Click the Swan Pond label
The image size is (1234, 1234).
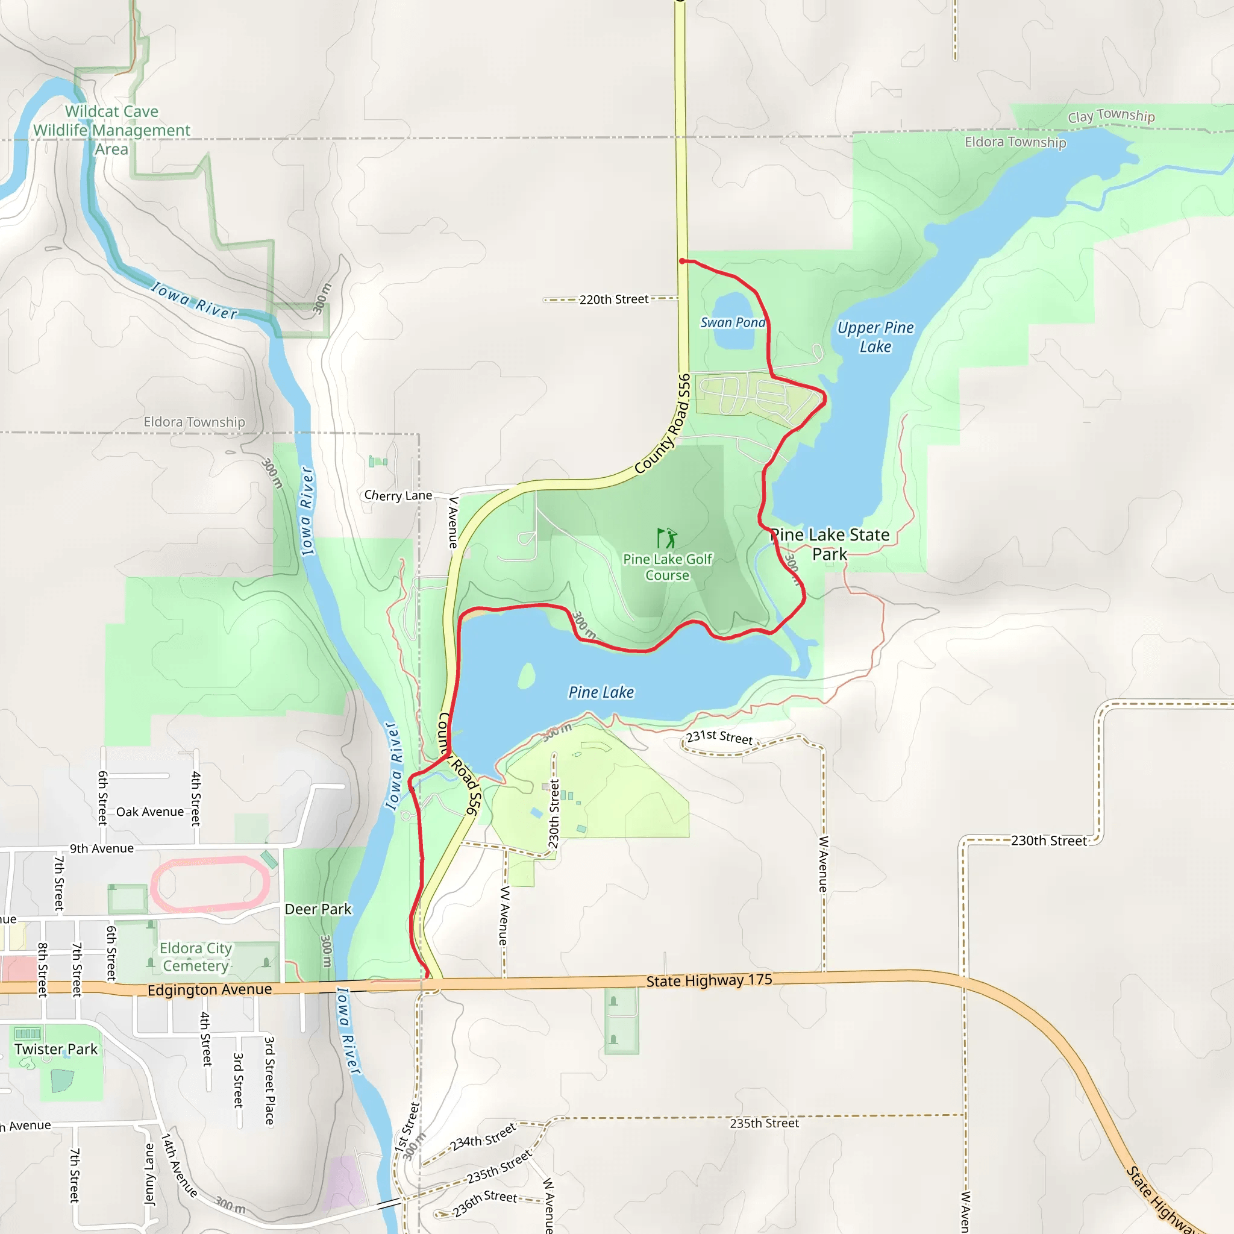[x=733, y=322]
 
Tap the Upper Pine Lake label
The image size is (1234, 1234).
[x=875, y=337]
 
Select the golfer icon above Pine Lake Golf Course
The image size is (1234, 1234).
[x=667, y=538]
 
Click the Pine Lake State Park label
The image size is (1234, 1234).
[x=830, y=544]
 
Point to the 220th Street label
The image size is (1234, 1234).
[x=613, y=299]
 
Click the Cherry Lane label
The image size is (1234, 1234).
[x=398, y=495]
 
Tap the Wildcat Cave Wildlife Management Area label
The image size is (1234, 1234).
[x=112, y=130]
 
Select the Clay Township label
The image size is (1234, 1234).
[x=1110, y=116]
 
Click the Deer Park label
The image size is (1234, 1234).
[x=318, y=909]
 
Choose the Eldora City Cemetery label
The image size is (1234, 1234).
[x=195, y=957]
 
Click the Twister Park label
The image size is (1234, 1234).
[x=56, y=1049]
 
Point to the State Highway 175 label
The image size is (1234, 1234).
[x=709, y=980]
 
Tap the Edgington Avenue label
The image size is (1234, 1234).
[x=210, y=989]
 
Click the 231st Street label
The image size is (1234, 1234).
[x=719, y=737]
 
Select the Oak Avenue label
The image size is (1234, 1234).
[x=149, y=812]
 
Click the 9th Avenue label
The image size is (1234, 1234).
[x=102, y=848]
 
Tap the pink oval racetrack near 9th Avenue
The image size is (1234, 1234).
[x=210, y=885]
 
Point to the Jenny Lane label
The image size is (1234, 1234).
[x=149, y=1173]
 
